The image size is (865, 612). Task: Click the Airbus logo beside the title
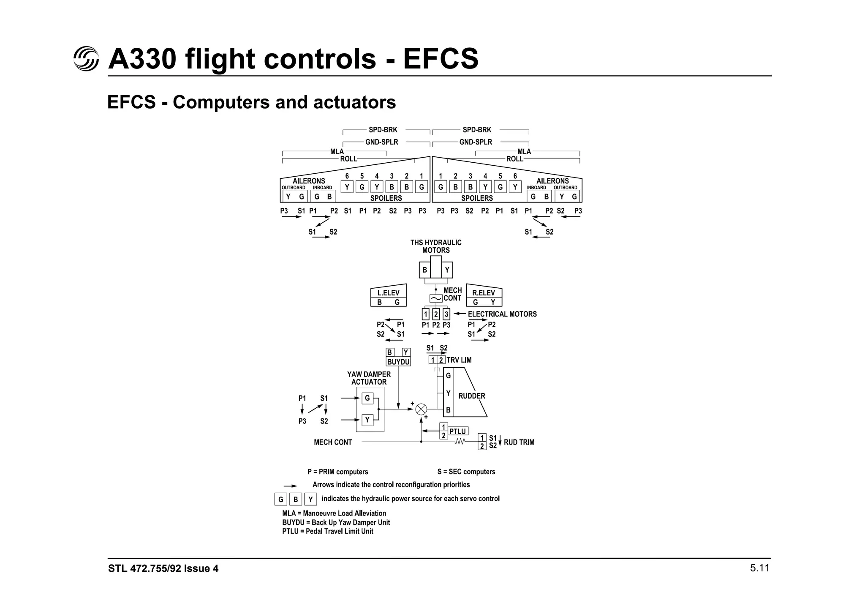pos(86,58)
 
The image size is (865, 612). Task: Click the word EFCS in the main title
pos(441,59)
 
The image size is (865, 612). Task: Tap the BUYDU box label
pos(398,362)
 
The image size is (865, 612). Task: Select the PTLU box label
pos(457,432)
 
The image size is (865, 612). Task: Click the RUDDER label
pos(471,396)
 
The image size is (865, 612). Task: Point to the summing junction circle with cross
pos(421,409)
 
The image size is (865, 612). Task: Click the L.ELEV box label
pos(388,293)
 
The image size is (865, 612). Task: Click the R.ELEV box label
pos(483,293)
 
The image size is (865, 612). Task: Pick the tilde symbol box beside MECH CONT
pos(436,298)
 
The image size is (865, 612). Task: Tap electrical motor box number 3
pos(446,314)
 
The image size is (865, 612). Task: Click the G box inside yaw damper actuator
pos(367,398)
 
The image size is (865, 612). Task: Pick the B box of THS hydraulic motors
pos(424,270)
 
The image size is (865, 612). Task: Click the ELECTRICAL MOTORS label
pos(502,314)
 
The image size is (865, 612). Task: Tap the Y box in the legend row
pos(310,499)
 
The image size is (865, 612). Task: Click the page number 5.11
pos(759,568)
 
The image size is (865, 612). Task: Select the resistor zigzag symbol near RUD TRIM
pos(460,442)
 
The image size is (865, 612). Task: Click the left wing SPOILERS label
pos(386,198)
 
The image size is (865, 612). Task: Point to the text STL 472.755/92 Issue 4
pos(163,568)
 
